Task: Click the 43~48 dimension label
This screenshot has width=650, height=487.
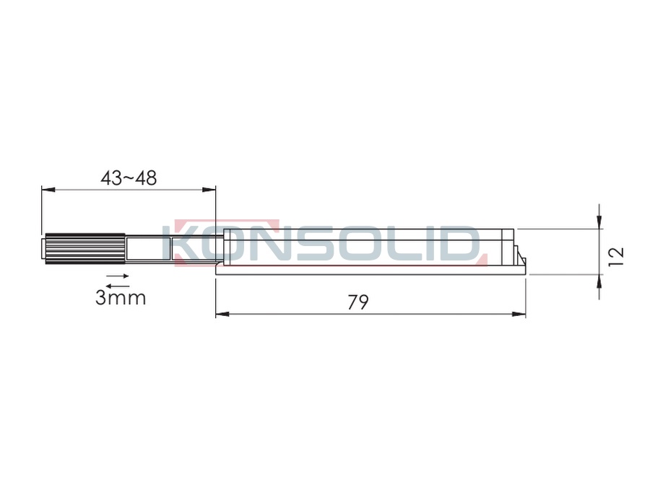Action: [x=129, y=178]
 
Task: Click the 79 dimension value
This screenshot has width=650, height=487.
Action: [x=357, y=302]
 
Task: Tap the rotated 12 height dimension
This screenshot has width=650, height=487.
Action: [x=617, y=257]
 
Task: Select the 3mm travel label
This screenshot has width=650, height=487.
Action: [x=121, y=298]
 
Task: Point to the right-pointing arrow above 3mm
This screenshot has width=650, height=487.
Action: [x=118, y=276]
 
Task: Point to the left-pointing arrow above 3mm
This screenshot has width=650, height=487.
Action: [x=118, y=285]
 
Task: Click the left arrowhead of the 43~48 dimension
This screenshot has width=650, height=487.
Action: [x=48, y=190]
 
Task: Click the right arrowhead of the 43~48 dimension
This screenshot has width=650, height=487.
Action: [x=209, y=190]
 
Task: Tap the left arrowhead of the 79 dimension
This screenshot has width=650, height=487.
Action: [x=222, y=315]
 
